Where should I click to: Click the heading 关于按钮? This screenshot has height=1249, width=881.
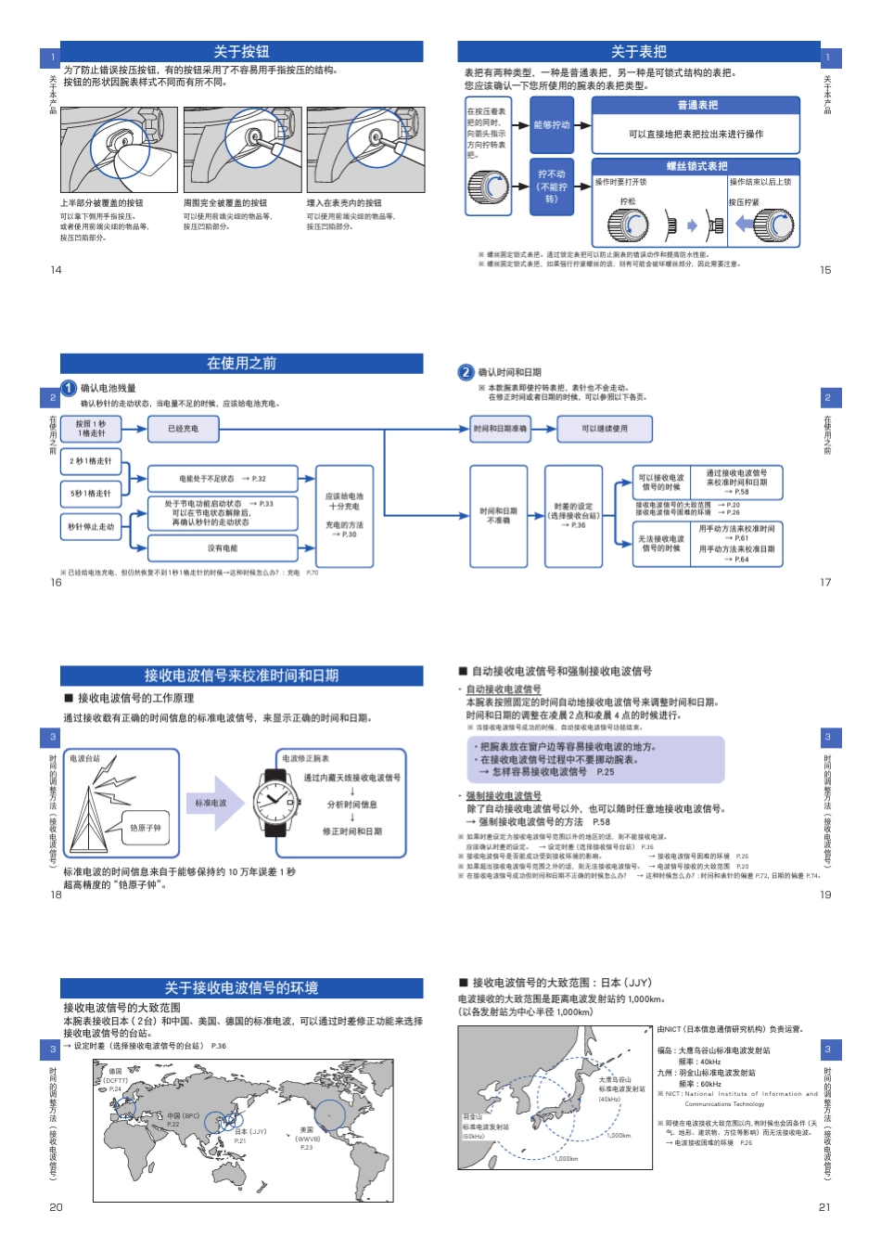click(x=241, y=52)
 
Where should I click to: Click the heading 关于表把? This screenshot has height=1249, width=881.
click(x=638, y=52)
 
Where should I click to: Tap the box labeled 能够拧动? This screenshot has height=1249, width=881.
click(x=552, y=125)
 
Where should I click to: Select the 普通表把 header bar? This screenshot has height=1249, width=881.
click(x=696, y=106)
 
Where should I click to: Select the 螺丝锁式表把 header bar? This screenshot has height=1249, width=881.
click(x=696, y=166)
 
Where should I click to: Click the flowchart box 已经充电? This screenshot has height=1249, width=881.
click(x=184, y=429)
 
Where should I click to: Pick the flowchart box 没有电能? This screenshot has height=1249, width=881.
click(x=223, y=548)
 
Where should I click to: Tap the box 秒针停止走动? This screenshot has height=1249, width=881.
click(x=91, y=527)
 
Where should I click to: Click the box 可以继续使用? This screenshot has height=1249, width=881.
click(x=604, y=429)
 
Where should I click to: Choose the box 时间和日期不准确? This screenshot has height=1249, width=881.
click(x=498, y=516)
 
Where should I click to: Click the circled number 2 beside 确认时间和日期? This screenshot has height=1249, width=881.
click(x=466, y=372)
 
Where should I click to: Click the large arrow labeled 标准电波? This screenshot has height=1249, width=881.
click(x=214, y=803)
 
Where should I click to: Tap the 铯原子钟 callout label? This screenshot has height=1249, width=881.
click(x=146, y=828)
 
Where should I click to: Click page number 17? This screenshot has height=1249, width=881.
click(x=825, y=583)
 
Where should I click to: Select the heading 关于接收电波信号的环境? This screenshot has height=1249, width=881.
click(x=241, y=988)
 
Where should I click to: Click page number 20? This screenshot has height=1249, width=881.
click(x=56, y=1207)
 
